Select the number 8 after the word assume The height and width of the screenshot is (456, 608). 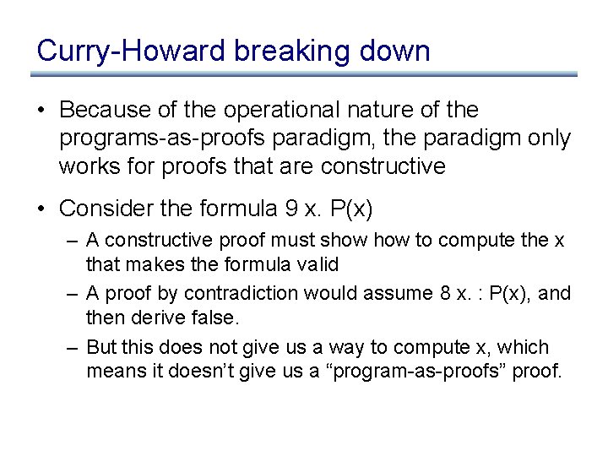click(422, 294)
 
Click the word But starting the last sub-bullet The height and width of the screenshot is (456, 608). click(101, 348)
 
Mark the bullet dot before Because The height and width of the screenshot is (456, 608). click(42, 111)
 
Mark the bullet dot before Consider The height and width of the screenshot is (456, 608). click(42, 208)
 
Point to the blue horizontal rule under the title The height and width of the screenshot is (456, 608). click(304, 74)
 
